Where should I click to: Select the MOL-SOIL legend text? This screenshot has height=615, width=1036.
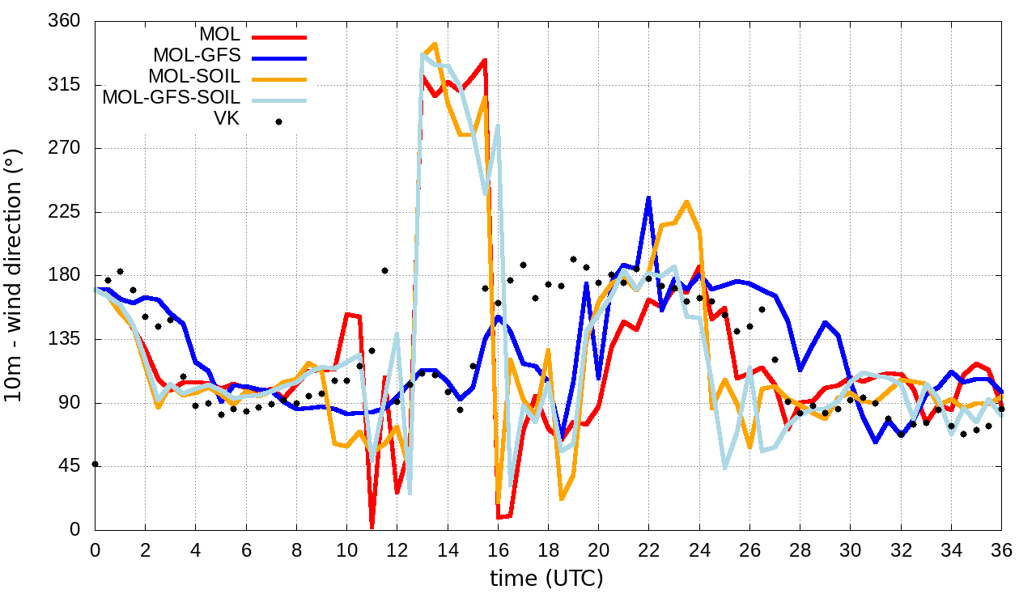click(194, 77)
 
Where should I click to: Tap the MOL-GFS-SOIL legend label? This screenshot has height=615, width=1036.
click(171, 98)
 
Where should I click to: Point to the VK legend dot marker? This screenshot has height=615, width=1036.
click(278, 121)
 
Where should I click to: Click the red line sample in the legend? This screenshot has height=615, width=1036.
click(278, 36)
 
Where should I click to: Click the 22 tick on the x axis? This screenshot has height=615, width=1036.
click(648, 550)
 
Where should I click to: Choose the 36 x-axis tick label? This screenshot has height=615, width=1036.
click(1001, 550)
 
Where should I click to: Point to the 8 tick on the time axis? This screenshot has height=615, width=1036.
click(296, 550)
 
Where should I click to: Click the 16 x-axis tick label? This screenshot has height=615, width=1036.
click(498, 550)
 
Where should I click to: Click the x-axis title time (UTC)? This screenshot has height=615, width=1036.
click(547, 579)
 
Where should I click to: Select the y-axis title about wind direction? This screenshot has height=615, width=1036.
click(14, 275)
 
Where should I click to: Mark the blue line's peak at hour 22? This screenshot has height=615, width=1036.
click(648, 197)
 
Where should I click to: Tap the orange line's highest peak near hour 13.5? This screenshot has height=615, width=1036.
click(435, 44)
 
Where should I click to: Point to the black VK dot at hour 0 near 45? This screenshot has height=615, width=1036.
click(96, 464)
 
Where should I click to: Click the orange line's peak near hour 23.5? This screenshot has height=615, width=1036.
click(686, 201)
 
